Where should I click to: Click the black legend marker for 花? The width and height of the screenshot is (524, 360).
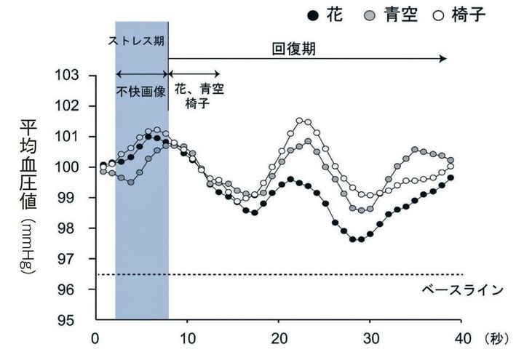tap(313, 15)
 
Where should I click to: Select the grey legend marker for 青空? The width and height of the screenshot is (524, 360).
tap(370, 15)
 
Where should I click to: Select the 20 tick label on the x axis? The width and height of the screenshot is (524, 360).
tap(279, 339)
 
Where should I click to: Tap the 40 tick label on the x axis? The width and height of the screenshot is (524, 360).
tap(463, 339)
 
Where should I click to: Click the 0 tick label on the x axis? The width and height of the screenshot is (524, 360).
tap(95, 339)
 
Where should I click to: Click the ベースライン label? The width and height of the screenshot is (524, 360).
tap(462, 290)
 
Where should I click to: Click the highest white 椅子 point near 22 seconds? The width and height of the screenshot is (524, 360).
tap(299, 121)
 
